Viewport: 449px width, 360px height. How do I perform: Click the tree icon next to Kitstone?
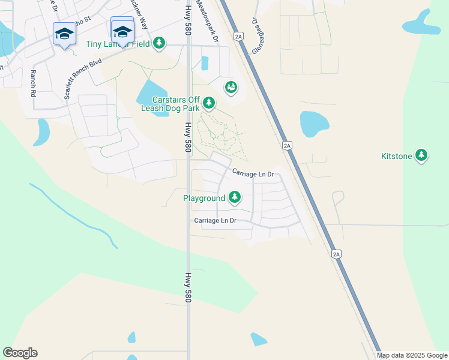[x=421, y=156]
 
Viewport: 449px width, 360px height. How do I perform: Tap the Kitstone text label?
[x=396, y=157]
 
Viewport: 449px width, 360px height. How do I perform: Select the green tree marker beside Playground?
[x=234, y=197]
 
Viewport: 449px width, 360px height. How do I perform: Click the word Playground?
[x=204, y=198]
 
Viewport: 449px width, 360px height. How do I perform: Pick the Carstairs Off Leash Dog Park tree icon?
[x=208, y=103]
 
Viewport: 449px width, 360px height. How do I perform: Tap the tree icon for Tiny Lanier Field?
[x=158, y=43]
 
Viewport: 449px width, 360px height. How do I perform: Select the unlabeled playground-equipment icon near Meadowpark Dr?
[x=231, y=88]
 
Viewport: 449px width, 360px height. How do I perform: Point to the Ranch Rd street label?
[x=32, y=84]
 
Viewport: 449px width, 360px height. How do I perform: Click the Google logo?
[x=20, y=353]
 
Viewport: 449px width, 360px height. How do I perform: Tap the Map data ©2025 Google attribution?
[x=412, y=355]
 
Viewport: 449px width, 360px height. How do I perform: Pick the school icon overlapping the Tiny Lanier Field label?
[x=122, y=31]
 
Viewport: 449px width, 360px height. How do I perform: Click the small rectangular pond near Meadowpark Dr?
[x=205, y=63]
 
